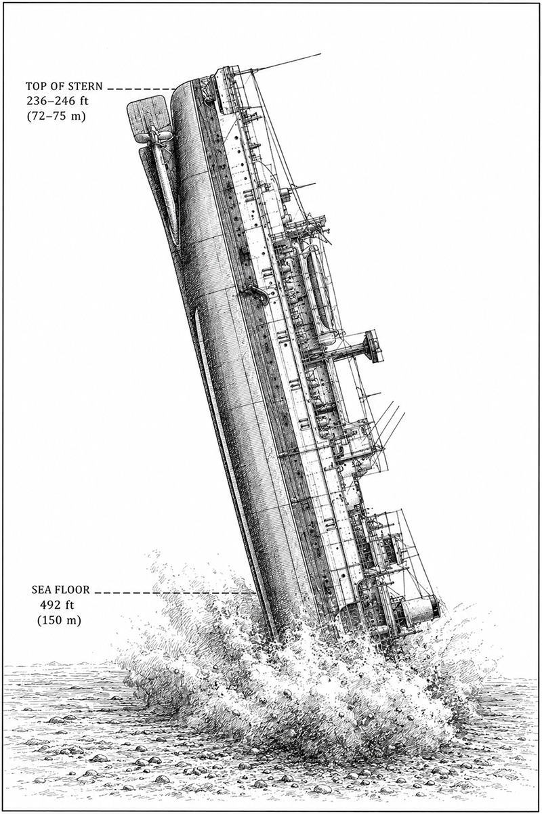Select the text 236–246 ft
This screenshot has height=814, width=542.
pos(57,102)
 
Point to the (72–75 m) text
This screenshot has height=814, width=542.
pos(56,117)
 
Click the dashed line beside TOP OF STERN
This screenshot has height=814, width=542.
pos(142,89)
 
